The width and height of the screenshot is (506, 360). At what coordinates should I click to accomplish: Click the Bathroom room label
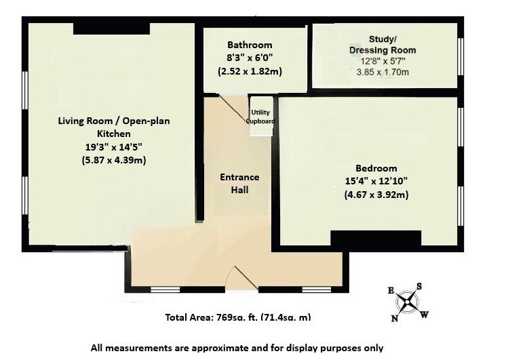click(x=250, y=45)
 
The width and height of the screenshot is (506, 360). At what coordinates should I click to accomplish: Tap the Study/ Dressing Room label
click(x=383, y=45)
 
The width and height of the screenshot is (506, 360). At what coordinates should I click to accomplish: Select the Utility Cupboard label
click(x=260, y=117)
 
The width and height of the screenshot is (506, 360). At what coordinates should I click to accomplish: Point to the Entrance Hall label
click(x=239, y=183)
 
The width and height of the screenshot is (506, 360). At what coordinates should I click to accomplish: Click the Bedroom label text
click(x=376, y=168)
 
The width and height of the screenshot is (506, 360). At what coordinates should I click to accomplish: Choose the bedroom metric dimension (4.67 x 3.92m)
click(x=376, y=195)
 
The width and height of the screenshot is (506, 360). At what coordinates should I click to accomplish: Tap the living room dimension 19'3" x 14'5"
click(x=113, y=147)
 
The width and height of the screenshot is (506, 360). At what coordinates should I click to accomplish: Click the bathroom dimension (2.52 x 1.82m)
click(x=250, y=71)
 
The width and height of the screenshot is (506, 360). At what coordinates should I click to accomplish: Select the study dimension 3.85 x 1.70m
click(x=383, y=72)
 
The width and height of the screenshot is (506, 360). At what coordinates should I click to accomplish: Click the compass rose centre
click(x=408, y=302)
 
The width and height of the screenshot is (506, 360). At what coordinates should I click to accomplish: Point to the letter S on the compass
click(x=419, y=286)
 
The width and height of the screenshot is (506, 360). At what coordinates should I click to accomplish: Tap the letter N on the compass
click(x=394, y=319)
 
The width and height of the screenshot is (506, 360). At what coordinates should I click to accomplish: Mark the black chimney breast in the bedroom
click(x=376, y=239)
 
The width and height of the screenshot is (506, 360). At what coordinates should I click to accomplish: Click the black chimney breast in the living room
click(x=112, y=28)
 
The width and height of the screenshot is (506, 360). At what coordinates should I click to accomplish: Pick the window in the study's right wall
click(x=461, y=57)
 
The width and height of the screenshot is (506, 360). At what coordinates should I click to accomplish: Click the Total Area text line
click(x=238, y=317)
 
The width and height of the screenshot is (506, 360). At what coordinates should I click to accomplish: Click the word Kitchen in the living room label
click(x=113, y=134)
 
